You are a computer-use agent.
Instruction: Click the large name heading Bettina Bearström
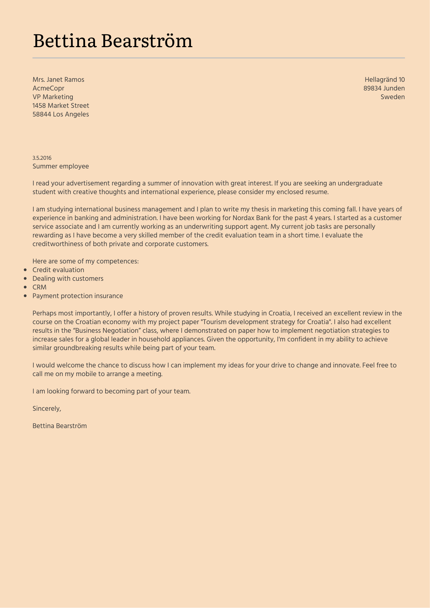(x=112, y=41)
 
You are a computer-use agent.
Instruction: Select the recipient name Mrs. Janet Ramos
(x=58, y=80)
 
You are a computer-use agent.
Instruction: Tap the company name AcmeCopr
(x=48, y=88)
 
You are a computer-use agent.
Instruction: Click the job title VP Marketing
(x=53, y=97)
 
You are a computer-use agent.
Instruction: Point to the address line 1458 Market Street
(x=61, y=106)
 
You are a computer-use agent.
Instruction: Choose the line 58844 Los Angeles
(x=61, y=114)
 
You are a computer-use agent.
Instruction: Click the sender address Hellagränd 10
(x=385, y=80)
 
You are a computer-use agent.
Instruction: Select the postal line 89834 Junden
(x=384, y=88)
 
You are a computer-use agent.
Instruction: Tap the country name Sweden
(x=393, y=97)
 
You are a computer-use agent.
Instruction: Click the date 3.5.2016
(x=42, y=158)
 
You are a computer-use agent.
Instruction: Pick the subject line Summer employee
(x=61, y=166)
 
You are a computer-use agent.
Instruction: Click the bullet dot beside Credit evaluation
(x=25, y=270)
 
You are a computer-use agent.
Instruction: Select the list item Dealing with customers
(x=68, y=279)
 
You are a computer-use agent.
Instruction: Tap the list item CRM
(x=40, y=287)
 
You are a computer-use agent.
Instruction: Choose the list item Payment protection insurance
(x=78, y=296)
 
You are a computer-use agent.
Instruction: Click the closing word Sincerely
(x=47, y=409)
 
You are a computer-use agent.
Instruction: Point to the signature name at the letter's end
(x=60, y=426)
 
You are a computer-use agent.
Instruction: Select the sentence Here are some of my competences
(x=86, y=261)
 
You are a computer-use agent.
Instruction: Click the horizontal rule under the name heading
(x=218, y=58)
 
